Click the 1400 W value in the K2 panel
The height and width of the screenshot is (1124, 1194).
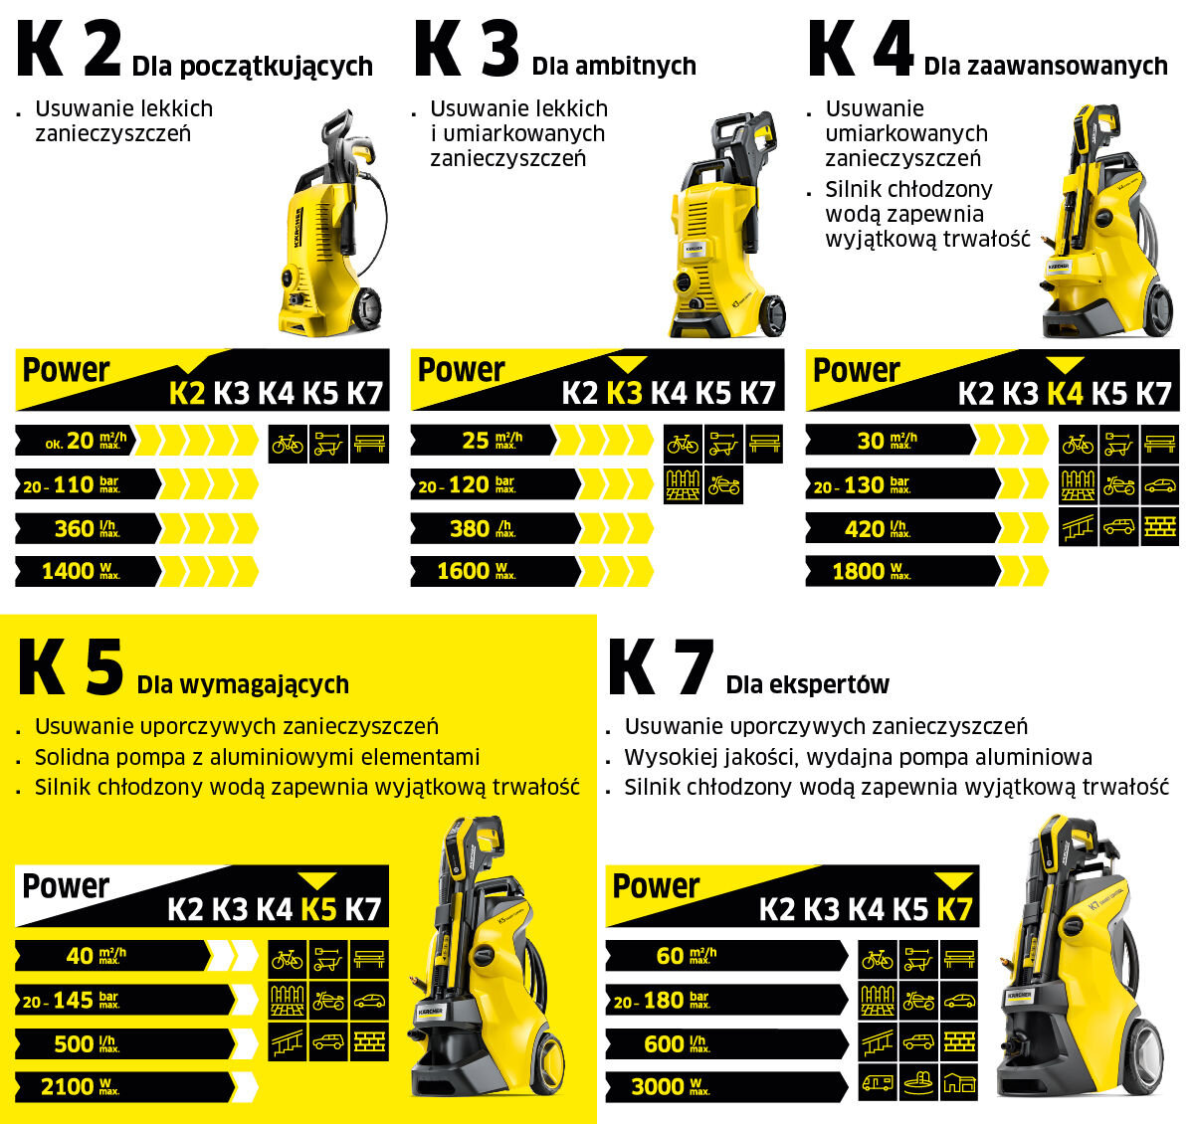(80, 571)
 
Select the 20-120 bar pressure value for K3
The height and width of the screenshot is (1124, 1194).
(465, 485)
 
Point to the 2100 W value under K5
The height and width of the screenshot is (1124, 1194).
(80, 1087)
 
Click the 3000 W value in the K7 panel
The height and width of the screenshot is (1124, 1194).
(669, 1087)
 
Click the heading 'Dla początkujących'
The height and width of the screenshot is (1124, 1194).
(252, 67)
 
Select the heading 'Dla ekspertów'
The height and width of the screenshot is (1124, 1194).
(807, 684)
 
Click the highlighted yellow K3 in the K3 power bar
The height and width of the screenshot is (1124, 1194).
(624, 394)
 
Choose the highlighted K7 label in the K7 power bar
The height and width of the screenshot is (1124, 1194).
(954, 909)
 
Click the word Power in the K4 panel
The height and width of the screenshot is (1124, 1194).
(856, 370)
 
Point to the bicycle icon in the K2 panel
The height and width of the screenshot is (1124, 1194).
(288, 444)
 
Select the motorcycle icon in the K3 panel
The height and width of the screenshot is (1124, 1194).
(723, 485)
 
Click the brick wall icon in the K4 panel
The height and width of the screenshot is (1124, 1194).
(1159, 528)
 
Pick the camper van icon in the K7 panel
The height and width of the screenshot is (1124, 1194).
(877, 1082)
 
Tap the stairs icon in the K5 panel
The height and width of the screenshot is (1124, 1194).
(288, 1043)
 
